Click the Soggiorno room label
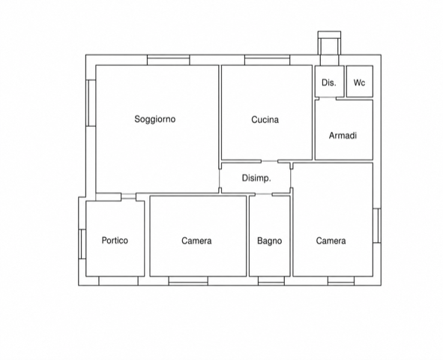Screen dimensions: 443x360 coord(155,119)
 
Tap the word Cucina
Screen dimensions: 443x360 coord(265,120)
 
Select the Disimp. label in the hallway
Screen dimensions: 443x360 coord(256,178)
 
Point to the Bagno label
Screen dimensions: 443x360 coord(270,241)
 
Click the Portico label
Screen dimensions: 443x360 coord(115,241)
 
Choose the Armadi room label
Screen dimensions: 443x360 coord(343,136)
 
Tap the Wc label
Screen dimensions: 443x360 coord(359,82)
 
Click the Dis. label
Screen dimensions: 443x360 coord(329,82)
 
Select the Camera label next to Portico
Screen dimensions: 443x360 coord(196,241)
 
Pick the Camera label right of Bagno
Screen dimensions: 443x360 coord(331,241)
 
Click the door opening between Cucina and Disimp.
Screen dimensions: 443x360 coord(270,161)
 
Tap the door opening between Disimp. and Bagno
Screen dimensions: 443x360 coord(264,194)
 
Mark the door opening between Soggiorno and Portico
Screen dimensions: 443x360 coord(128,196)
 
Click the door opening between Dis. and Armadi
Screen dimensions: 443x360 coord(328,98)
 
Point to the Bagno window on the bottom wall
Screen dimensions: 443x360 coord(271,281)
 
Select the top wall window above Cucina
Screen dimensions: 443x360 coord(268,60)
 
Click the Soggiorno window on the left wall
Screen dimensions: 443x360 coord(91,103)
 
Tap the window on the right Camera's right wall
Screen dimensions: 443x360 coord(377,226)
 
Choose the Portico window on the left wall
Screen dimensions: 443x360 coord(82,244)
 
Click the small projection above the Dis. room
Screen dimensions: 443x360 coord(329,43)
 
